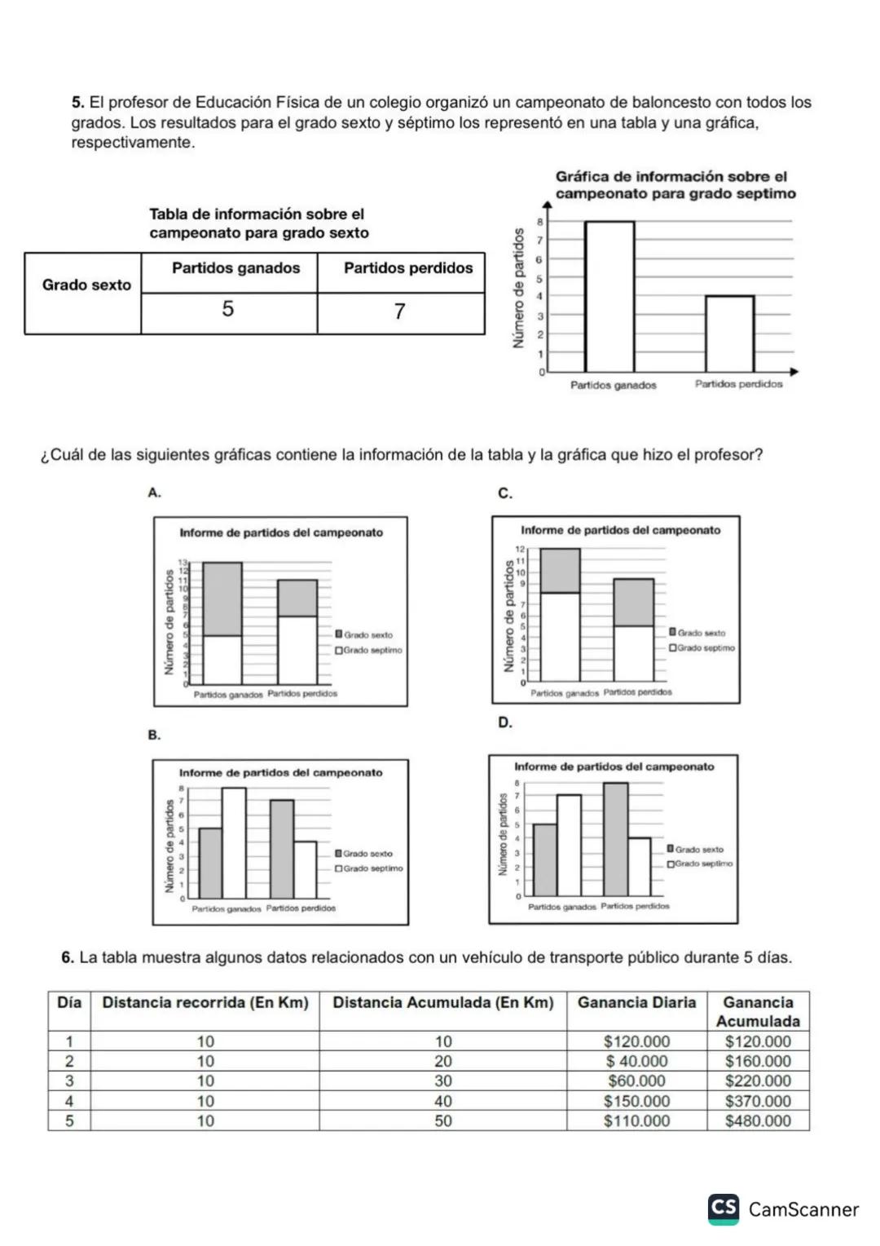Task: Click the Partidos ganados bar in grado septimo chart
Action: click(609, 297)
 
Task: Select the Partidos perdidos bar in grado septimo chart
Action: click(729, 334)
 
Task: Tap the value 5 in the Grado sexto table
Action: click(228, 309)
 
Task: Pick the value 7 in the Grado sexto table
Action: click(399, 311)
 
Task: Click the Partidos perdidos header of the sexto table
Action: click(407, 268)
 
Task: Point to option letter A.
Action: click(154, 493)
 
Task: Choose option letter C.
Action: click(505, 493)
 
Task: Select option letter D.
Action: click(505, 722)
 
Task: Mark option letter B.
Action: click(154, 735)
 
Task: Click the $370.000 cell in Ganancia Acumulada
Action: click(758, 1102)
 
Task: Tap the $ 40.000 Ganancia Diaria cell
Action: click(636, 1062)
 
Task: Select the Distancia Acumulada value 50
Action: click(442, 1121)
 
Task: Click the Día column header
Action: click(69, 1003)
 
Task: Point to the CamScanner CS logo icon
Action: click(724, 1208)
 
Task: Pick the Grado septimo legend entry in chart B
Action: click(372, 868)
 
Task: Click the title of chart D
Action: click(614, 767)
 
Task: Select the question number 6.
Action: click(68, 957)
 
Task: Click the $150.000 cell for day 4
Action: click(636, 1102)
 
